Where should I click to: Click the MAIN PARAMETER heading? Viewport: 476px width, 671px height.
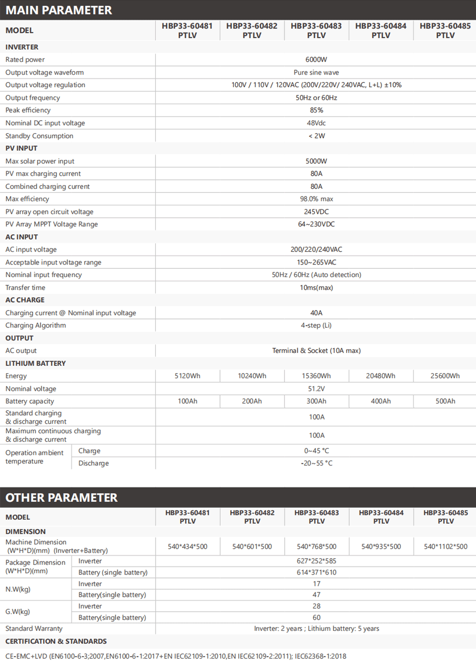(59, 10)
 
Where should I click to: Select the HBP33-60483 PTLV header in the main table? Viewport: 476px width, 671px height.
(316, 31)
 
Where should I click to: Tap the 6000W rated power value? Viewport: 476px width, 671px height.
(316, 60)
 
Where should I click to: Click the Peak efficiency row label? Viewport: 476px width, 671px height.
(28, 110)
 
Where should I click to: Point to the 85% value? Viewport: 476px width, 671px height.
(316, 110)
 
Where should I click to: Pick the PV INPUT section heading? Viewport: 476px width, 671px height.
(21, 148)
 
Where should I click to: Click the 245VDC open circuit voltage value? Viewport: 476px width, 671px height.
(316, 212)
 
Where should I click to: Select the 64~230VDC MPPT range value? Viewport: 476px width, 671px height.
(316, 224)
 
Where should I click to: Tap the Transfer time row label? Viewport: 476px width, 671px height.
(25, 288)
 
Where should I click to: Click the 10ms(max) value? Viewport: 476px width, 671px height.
(316, 288)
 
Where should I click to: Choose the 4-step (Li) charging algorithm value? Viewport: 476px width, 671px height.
(316, 325)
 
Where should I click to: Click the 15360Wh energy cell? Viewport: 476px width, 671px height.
(316, 376)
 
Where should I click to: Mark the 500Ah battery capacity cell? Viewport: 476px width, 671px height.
(445, 401)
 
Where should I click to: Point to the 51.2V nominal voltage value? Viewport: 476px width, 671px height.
(316, 389)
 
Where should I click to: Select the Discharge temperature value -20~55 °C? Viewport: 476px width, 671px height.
(316, 463)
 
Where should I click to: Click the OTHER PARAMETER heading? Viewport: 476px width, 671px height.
(61, 498)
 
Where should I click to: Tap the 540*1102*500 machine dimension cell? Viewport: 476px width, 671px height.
(445, 546)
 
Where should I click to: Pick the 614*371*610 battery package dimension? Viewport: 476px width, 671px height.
(316, 572)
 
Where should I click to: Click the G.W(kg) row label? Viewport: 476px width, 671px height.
(18, 611)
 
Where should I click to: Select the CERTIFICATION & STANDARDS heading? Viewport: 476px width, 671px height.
(56, 641)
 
